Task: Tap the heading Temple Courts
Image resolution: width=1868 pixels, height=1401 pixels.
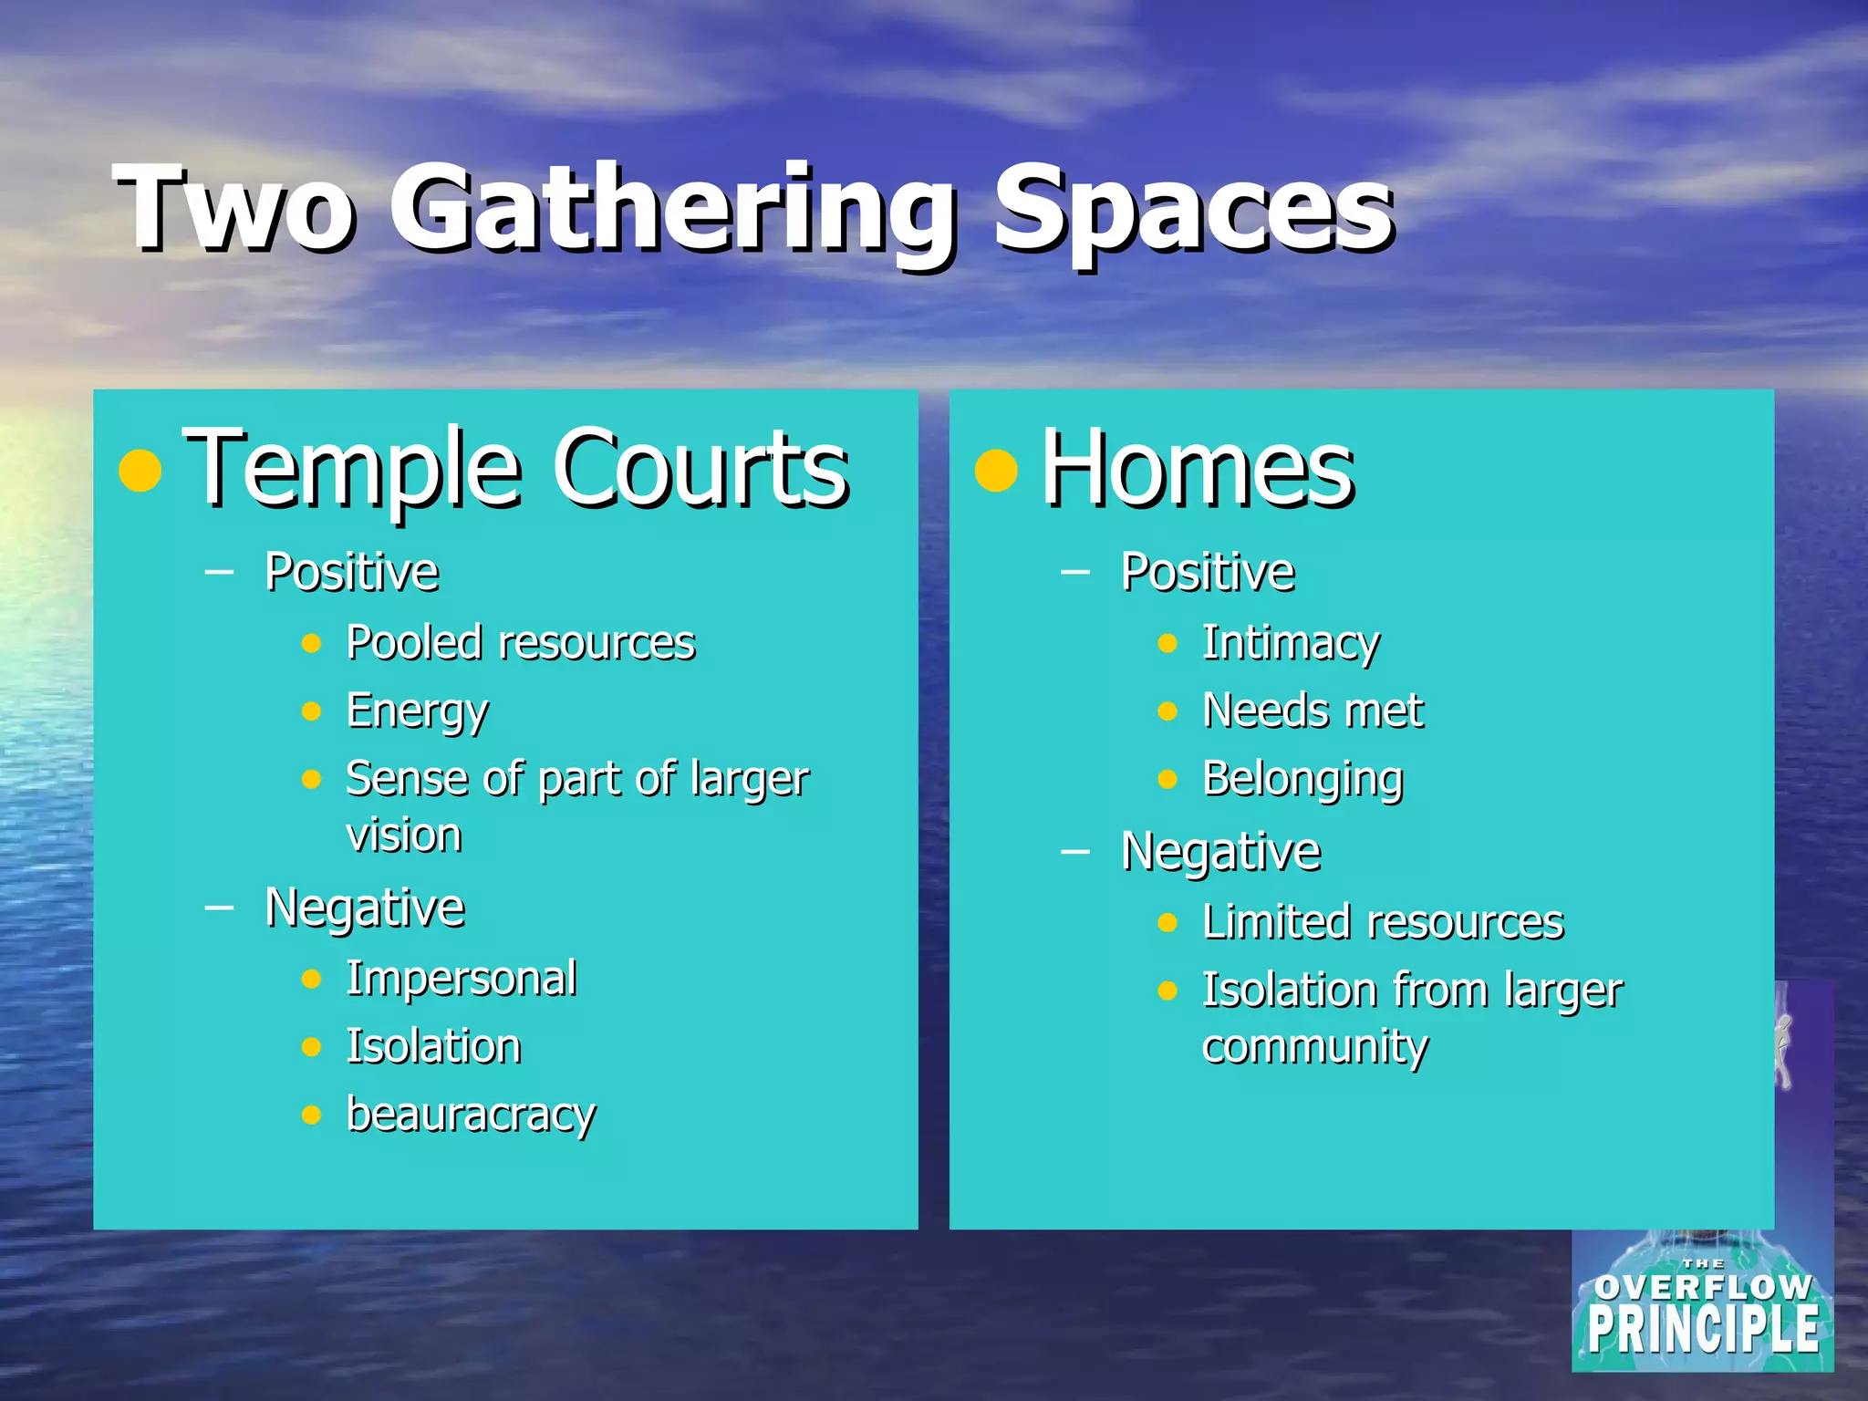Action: coord(516,469)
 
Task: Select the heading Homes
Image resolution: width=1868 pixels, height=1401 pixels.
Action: coord(1198,469)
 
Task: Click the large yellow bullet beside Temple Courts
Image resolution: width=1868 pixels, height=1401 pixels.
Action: coord(140,471)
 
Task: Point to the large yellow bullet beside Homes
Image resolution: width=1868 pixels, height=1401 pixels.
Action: coord(996,471)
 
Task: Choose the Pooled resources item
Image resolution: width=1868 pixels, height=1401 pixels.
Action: coord(521,643)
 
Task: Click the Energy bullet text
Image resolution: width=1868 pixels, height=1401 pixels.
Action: coord(418,711)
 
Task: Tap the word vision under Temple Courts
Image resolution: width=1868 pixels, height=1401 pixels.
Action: coord(404,835)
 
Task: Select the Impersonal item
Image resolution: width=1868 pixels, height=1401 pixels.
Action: coord(462,979)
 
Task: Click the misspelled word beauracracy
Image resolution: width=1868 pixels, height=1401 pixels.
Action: coord(471,1115)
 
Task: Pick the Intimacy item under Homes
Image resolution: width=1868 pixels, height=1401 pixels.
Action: coord(1291,643)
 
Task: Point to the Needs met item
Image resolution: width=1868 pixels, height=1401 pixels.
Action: coord(1313,711)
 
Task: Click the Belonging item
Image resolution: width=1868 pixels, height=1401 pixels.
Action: coord(1302,780)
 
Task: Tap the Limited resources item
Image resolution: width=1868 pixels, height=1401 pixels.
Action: coord(1383,922)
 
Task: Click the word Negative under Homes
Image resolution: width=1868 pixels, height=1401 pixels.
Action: coord(1220,853)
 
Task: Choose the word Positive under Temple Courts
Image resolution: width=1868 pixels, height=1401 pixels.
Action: coord(352,573)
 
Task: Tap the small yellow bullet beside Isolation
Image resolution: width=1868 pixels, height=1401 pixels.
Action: coord(312,1047)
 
